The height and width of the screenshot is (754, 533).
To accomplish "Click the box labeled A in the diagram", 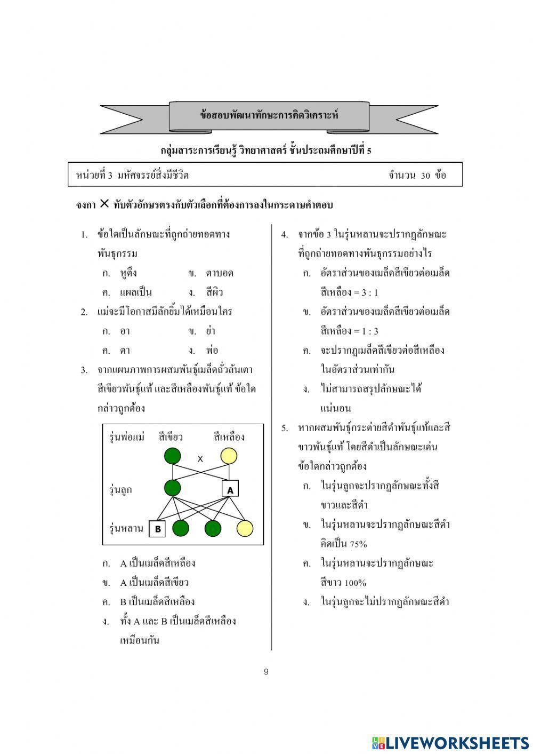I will pyautogui.click(x=230, y=489).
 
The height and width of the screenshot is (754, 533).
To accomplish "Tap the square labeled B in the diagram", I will pyautogui.click(x=158, y=529).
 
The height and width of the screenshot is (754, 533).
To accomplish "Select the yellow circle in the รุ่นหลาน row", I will pyautogui.click(x=245, y=528).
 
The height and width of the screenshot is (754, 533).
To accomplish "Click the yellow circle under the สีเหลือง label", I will pyautogui.click(x=229, y=457).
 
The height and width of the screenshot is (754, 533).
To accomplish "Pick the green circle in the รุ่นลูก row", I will pyautogui.click(x=172, y=488).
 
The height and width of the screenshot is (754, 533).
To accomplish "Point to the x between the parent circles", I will pyautogui.click(x=200, y=458).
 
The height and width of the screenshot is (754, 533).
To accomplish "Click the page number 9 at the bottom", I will pyautogui.click(x=266, y=672).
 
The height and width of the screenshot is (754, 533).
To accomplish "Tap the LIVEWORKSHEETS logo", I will pyautogui.click(x=450, y=742).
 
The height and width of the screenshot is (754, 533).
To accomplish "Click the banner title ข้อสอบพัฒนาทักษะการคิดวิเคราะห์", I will pyautogui.click(x=269, y=115).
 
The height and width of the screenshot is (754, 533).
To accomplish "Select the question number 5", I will pyautogui.click(x=285, y=428).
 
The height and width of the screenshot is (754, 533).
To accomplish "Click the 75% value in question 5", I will pyautogui.click(x=358, y=544).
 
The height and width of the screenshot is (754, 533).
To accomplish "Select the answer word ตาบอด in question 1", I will pyautogui.click(x=220, y=273).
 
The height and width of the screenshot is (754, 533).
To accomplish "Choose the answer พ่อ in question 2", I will pyautogui.click(x=212, y=351).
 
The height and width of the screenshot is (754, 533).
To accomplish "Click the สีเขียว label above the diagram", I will pyautogui.click(x=171, y=437).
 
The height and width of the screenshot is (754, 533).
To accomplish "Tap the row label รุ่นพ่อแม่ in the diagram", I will pyautogui.click(x=127, y=437).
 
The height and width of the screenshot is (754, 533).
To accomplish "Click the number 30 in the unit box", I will pyautogui.click(x=425, y=175).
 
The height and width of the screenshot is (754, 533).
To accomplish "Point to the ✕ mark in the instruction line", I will pyautogui.click(x=104, y=203).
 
